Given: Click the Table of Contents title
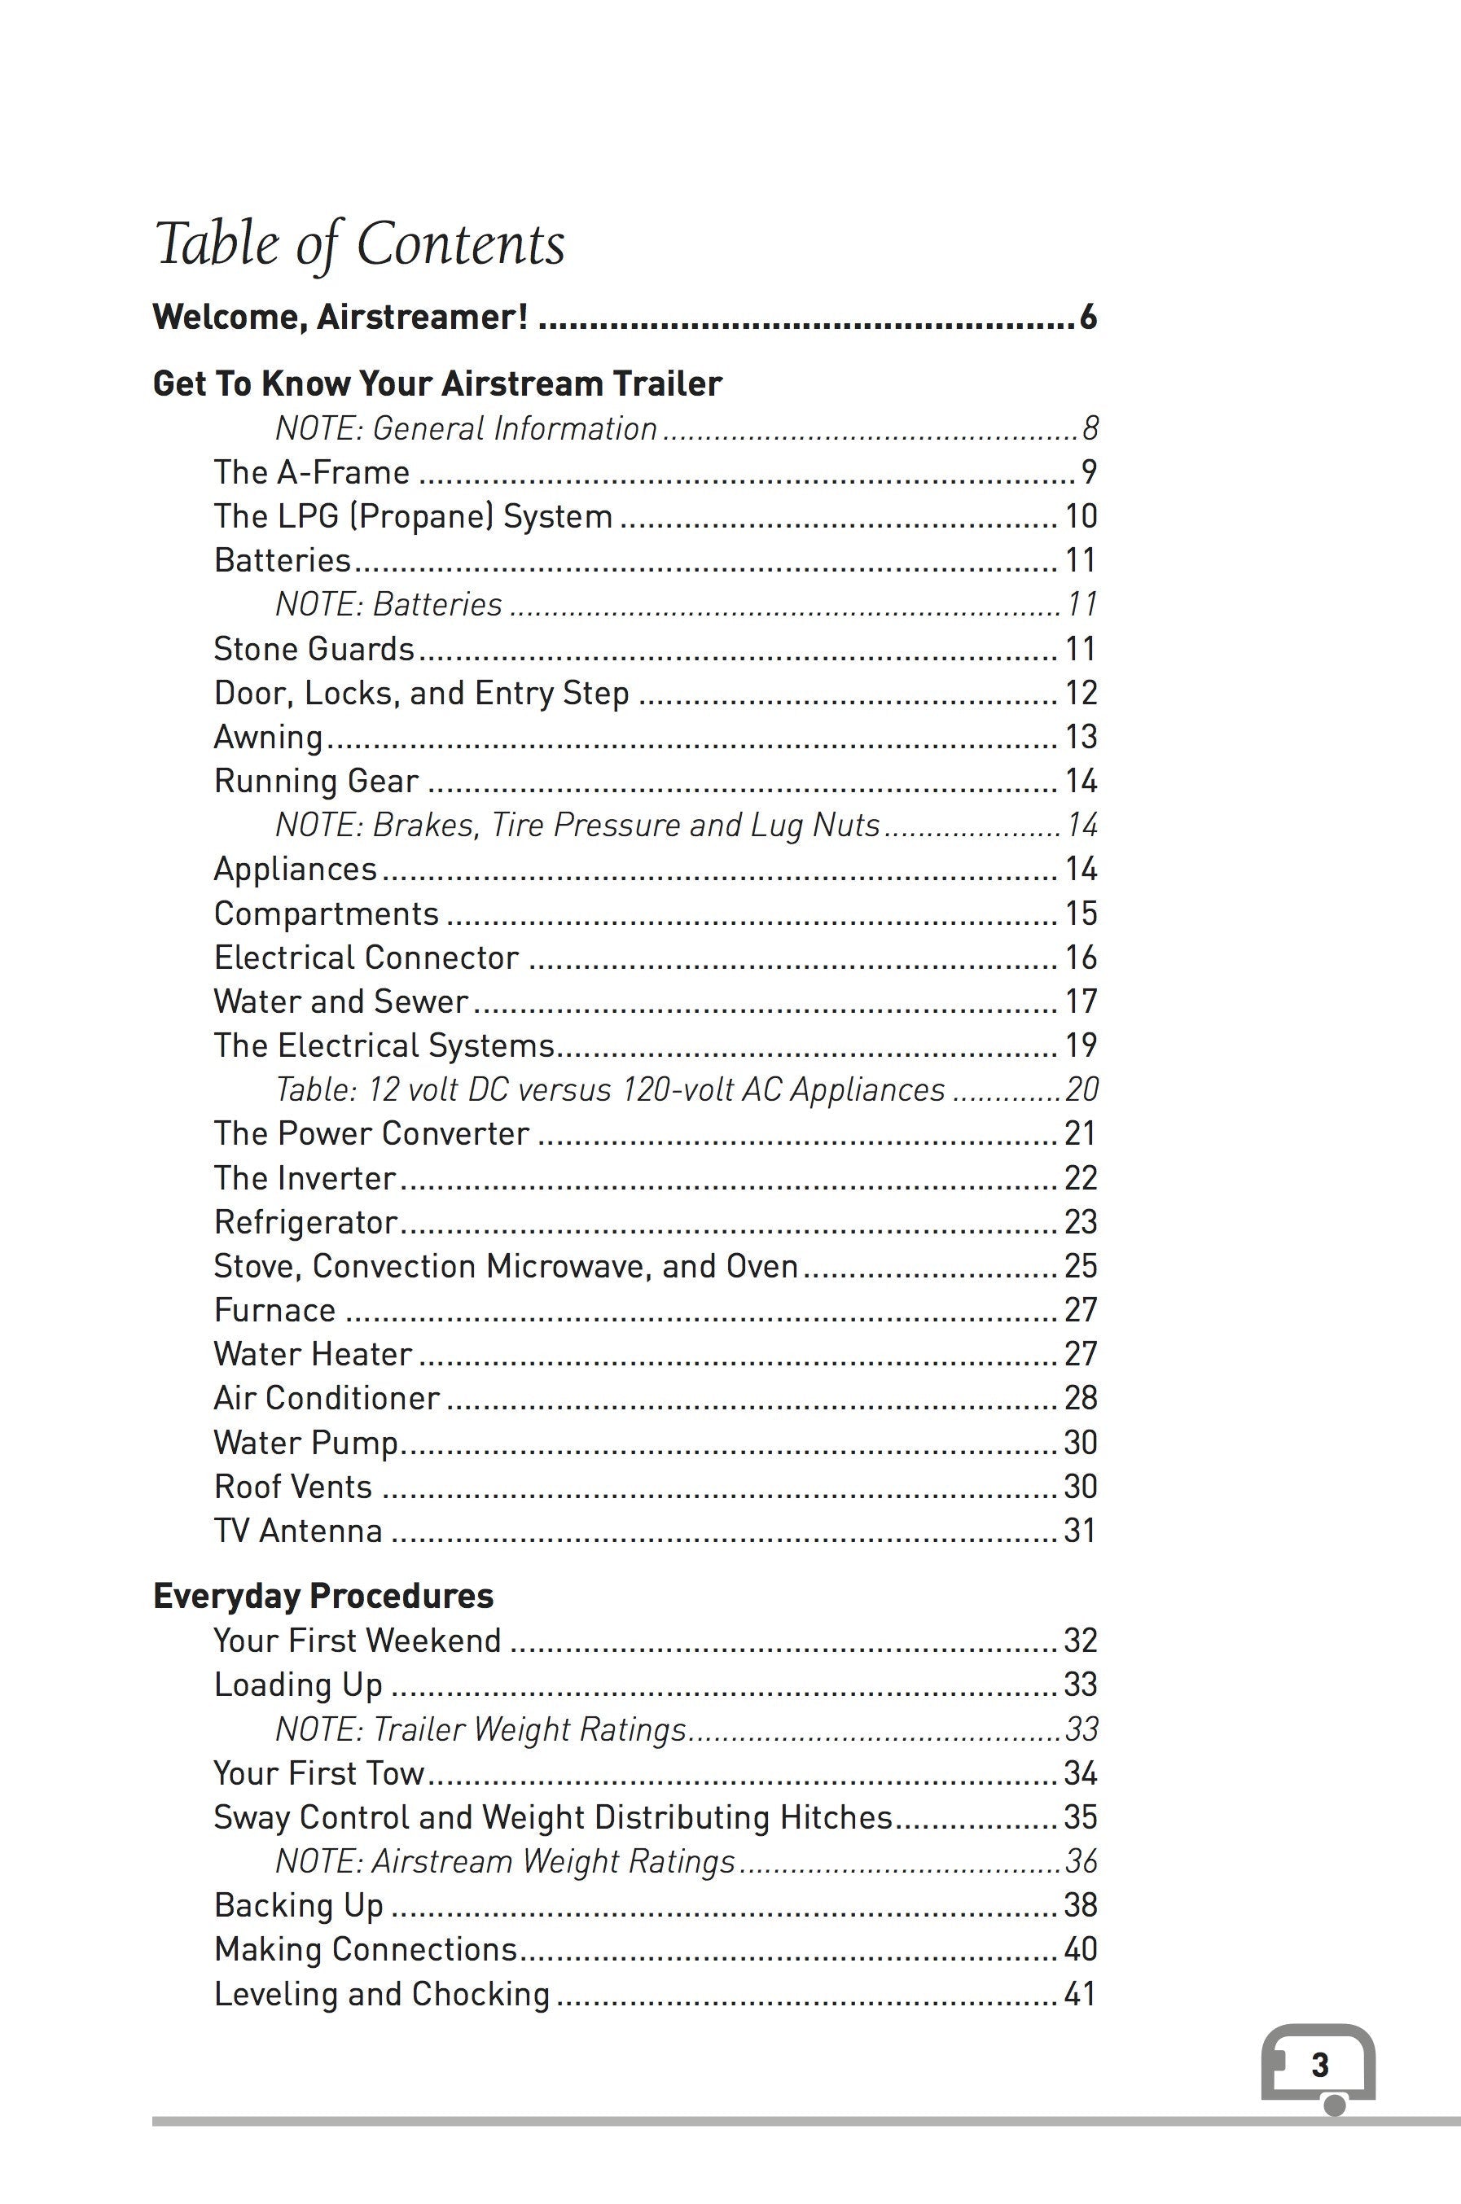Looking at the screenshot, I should (x=360, y=244).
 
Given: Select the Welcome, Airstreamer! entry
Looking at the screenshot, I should (x=341, y=318).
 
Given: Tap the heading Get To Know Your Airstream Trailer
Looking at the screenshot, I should (x=437, y=383).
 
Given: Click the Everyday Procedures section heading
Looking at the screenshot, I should (x=323, y=1596).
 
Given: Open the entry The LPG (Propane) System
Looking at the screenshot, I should (x=413, y=516).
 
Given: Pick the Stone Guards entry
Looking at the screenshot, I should (x=314, y=648).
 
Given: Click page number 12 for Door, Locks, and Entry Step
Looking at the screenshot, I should (x=1081, y=692).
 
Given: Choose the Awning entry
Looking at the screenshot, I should (x=269, y=737).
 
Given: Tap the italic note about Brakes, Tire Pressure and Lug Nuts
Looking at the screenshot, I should (x=577, y=826).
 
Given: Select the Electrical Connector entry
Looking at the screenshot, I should (x=366, y=957).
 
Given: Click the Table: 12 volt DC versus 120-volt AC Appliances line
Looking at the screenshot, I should (x=610, y=1090).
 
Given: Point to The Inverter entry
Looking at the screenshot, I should (x=305, y=1178).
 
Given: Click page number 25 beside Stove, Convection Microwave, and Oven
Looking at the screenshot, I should (x=1081, y=1266).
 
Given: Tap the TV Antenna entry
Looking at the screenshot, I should (x=298, y=1531).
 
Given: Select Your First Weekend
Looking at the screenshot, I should (x=357, y=1641).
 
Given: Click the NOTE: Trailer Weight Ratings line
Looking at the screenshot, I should (x=480, y=1729).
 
